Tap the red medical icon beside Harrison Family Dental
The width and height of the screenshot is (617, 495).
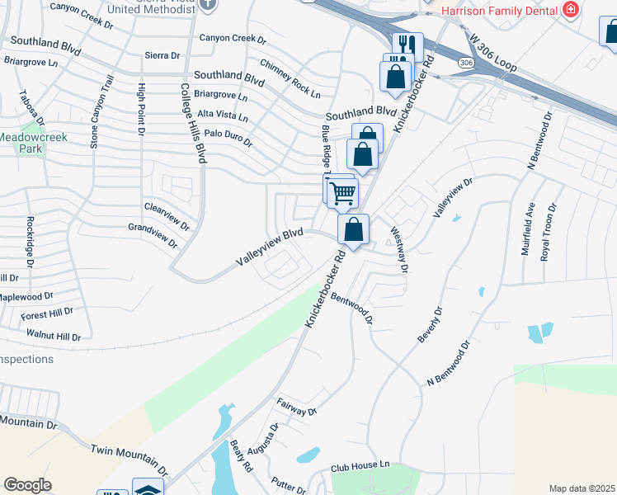569,10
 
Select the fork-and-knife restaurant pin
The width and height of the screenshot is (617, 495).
406,45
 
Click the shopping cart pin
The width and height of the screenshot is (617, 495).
342,193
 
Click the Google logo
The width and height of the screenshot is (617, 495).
27,485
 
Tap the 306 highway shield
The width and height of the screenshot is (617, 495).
467,63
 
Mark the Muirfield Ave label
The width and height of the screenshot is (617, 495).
527,229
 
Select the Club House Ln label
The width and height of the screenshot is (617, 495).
360,466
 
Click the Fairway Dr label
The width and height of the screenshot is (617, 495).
297,406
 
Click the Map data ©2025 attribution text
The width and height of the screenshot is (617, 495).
582,488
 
